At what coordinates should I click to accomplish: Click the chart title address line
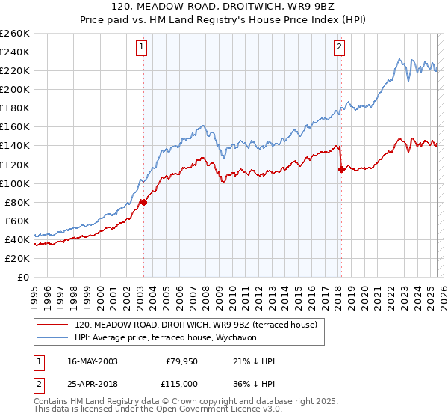coord(223,7)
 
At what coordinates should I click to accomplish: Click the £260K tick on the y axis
coord(15,34)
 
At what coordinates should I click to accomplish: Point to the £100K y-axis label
coord(15,183)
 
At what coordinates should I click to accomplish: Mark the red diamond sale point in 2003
coord(144,202)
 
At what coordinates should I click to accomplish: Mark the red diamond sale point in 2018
coord(341,169)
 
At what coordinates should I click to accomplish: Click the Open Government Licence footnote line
coord(158,410)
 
